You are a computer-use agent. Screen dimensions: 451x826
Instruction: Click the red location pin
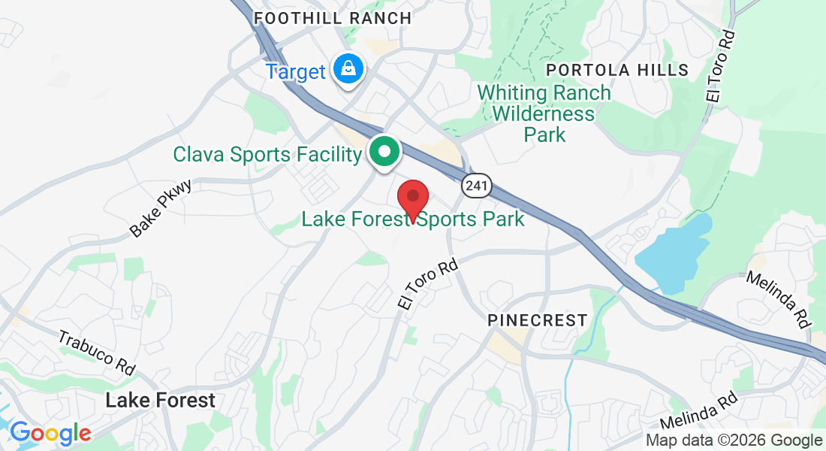tap(412, 198)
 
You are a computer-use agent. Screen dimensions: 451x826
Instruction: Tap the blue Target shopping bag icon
tap(349, 69)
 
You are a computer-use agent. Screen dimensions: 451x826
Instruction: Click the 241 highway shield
tap(476, 186)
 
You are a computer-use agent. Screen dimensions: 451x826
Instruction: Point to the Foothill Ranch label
tap(333, 18)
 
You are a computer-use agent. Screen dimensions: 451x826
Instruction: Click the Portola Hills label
tap(617, 70)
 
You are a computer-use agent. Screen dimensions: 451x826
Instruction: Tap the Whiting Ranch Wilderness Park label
tap(544, 114)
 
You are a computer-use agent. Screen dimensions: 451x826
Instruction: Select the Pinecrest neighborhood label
tap(537, 320)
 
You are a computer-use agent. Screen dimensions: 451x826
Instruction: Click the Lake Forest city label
tap(160, 400)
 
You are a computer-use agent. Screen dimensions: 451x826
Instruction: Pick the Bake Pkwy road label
tap(161, 208)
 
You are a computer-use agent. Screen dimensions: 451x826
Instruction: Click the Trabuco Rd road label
tap(97, 351)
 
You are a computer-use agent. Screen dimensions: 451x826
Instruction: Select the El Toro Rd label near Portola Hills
tap(719, 65)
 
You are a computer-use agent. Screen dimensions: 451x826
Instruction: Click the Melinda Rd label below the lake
tap(779, 298)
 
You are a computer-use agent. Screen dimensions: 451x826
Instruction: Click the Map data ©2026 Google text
tap(734, 440)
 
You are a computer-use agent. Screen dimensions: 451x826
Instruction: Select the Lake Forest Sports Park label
tap(412, 219)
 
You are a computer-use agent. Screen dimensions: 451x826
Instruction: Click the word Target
tap(295, 72)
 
